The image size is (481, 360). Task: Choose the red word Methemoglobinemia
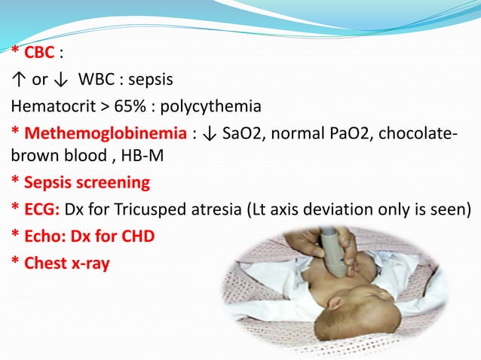(105, 134)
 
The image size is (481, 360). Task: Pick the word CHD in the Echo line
(138, 236)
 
